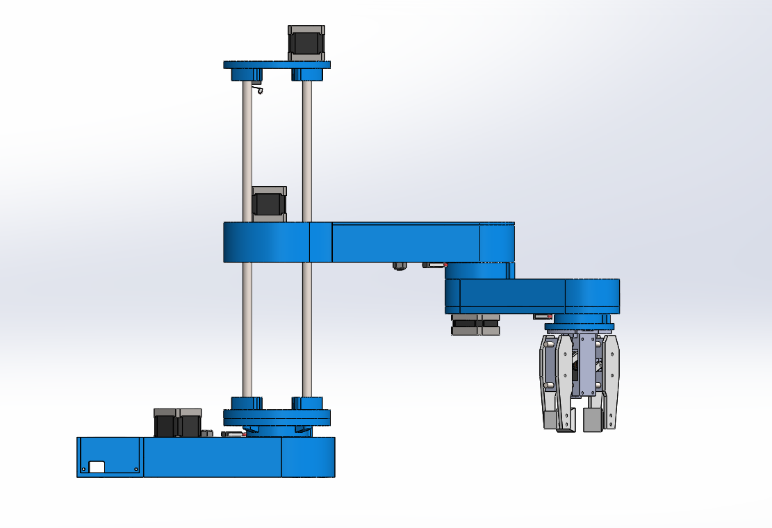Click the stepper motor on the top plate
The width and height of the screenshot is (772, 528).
(x=306, y=42)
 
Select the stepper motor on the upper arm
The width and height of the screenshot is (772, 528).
(x=268, y=204)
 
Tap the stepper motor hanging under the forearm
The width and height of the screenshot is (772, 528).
(x=475, y=324)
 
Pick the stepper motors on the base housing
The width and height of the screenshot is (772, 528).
(x=177, y=422)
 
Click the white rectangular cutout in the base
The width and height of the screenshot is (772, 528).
(x=97, y=468)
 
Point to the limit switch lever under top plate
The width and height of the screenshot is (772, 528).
(x=258, y=88)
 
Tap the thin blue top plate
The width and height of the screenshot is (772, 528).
(x=277, y=65)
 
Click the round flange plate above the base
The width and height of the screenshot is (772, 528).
(x=277, y=417)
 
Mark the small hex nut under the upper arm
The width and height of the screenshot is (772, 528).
(x=399, y=265)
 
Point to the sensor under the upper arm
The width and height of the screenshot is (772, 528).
(x=434, y=265)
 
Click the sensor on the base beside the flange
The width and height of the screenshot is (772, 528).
(x=233, y=434)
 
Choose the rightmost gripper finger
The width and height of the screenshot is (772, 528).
(x=611, y=382)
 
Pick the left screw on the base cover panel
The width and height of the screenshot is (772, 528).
(x=84, y=470)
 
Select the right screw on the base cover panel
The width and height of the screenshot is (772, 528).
(x=135, y=470)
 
